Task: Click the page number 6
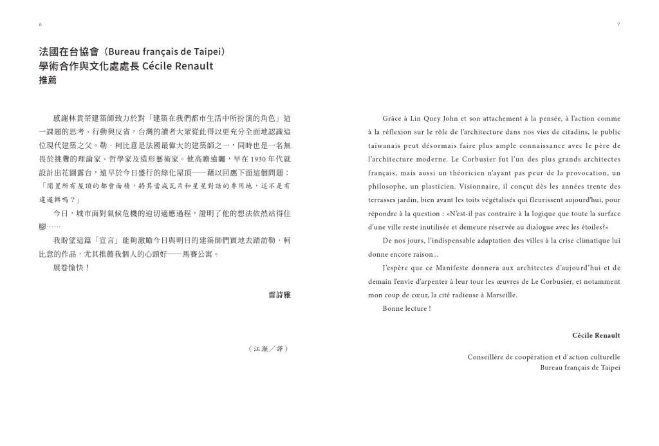tap(40, 24)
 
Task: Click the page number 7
tap(618, 24)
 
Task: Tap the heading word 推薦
tap(48, 80)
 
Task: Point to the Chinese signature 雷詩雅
tap(279, 295)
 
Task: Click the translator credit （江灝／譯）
tap(268, 349)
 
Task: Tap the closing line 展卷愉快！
tap(71, 268)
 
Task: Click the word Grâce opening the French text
tap(393, 118)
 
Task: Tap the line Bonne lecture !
tap(406, 308)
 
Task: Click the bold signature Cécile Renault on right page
tap(596, 335)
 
